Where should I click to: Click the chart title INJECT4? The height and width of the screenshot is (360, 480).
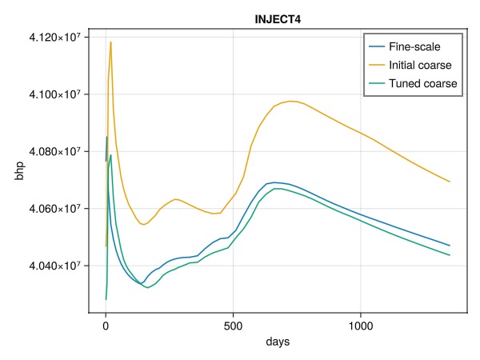point(278,18)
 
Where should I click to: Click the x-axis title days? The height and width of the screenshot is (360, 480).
point(278,342)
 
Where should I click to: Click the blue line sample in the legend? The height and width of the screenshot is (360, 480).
point(375,46)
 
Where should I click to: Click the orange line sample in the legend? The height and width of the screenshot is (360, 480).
point(375,64)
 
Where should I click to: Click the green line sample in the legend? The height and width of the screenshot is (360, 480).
point(375,83)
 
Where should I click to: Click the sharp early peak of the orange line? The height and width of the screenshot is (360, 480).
point(110,42)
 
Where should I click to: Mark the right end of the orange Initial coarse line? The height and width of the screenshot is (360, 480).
point(450,182)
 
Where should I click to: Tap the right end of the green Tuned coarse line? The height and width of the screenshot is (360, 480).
point(450,255)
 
